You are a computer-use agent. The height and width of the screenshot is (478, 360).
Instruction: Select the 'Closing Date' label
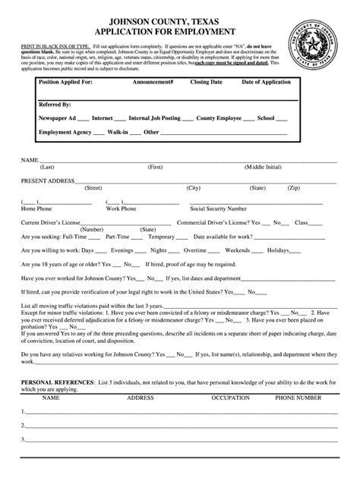[x=206, y=80]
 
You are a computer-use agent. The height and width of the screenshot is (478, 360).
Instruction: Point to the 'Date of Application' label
[x=267, y=80]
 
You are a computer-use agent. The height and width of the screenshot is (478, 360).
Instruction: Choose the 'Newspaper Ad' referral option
[x=58, y=118]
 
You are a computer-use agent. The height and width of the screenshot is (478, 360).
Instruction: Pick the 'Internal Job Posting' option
[x=155, y=118]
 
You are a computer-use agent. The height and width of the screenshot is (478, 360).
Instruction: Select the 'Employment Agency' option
[x=65, y=132]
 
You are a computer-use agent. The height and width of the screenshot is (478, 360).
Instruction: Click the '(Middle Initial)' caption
[x=263, y=166]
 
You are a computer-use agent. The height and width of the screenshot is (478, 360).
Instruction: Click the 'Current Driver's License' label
[x=50, y=222]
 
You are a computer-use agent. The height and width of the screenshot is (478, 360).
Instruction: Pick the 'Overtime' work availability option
[x=195, y=250]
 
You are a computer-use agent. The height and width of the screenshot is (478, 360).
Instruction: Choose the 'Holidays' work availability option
[x=278, y=250]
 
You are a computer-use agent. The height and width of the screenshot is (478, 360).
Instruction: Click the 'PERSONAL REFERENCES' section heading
[x=57, y=382]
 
